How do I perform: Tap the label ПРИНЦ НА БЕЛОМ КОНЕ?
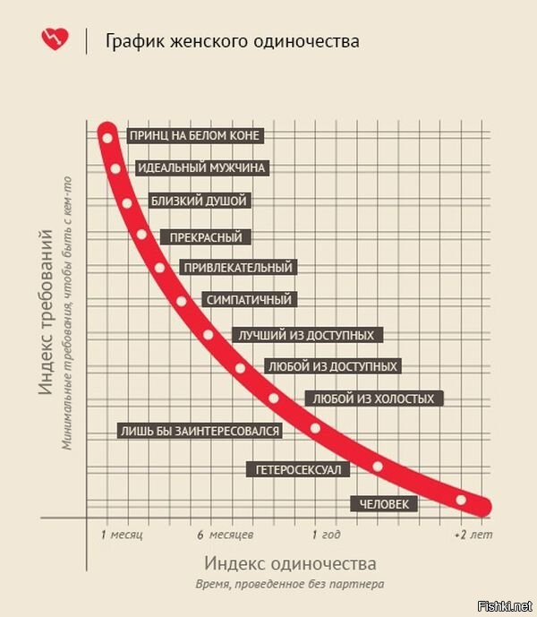point(195,136)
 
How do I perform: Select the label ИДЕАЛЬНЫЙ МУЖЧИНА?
point(202,167)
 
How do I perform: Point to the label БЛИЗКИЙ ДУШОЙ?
point(198,201)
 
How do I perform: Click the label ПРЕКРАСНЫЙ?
point(206,237)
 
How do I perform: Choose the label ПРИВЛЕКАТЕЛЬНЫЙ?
point(238,268)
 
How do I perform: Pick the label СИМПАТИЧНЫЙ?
point(248,300)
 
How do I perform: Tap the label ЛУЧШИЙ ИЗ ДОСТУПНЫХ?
point(307,335)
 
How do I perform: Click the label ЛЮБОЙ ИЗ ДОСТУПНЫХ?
point(332,366)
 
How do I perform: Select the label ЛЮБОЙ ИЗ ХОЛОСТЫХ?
point(374,398)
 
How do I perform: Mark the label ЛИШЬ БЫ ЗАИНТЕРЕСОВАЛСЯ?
point(200,431)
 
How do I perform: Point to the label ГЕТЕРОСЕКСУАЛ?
point(298,469)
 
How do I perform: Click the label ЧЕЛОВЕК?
point(384,505)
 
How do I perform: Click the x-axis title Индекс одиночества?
point(290,564)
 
